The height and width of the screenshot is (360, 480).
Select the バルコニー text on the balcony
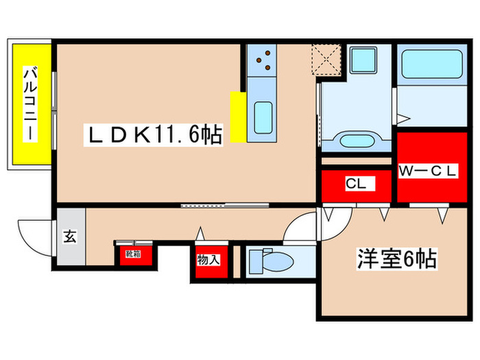30,104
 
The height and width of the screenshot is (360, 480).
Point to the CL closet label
355,184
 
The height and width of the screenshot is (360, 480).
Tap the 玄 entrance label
71,237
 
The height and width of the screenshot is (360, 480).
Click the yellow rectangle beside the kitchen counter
238,117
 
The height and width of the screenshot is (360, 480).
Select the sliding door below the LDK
214,204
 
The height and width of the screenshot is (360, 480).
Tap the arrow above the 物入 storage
200,233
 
